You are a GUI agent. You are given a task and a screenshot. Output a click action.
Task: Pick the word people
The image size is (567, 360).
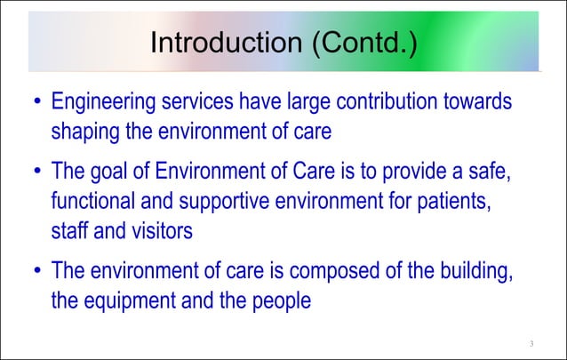pyautogui.click(x=279, y=300)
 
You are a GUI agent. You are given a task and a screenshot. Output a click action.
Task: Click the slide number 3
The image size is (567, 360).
pyautogui.click(x=531, y=344)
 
